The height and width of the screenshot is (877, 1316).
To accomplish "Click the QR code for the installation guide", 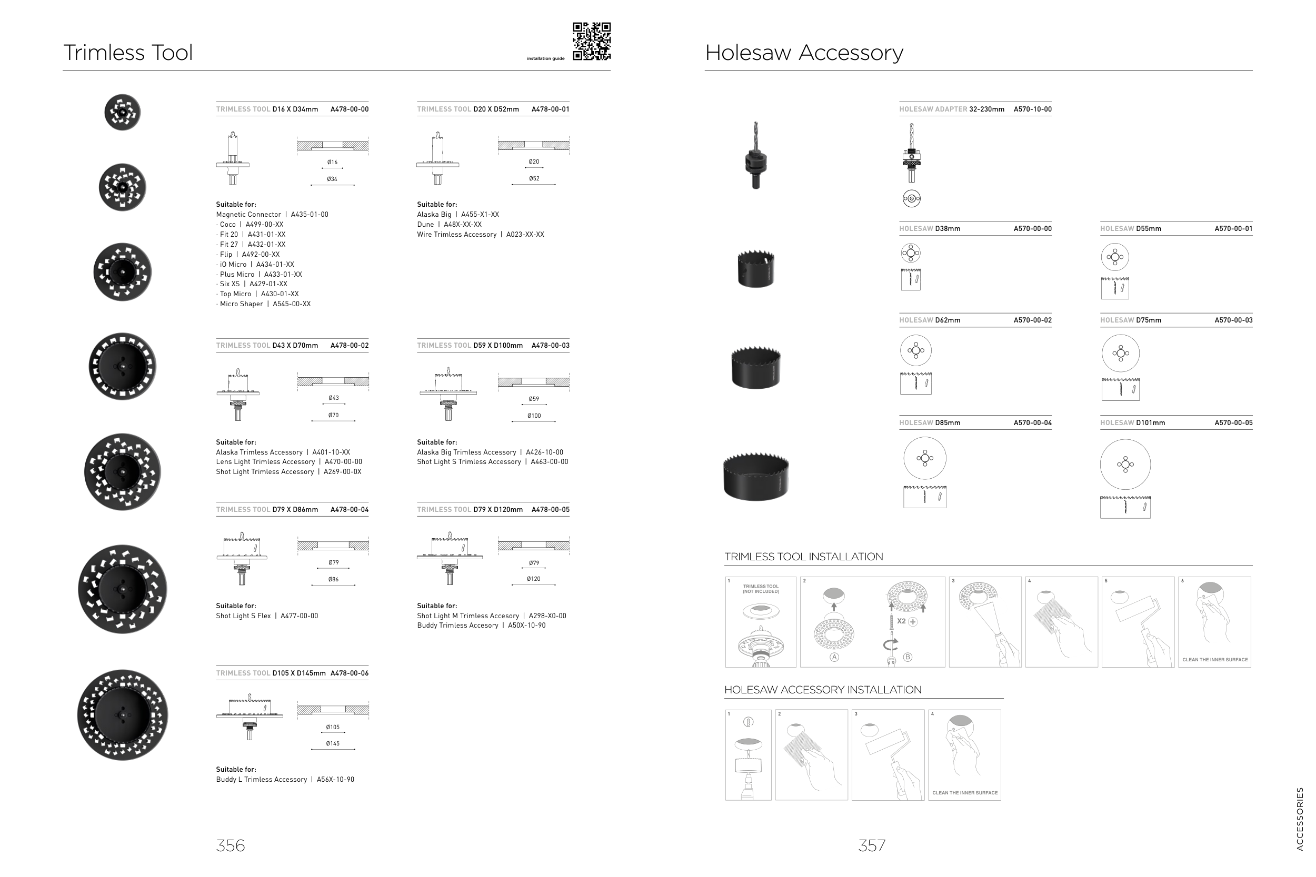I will (x=592, y=42).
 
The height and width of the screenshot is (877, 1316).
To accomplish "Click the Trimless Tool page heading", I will (x=128, y=53).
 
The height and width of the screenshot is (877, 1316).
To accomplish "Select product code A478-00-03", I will (x=550, y=346).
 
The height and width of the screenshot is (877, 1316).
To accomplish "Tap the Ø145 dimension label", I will (x=332, y=744).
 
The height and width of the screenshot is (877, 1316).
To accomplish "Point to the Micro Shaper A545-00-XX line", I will (x=264, y=304).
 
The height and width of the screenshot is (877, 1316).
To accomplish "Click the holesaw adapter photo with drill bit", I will (x=755, y=156).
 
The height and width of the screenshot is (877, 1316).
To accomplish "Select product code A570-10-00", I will (x=1032, y=109).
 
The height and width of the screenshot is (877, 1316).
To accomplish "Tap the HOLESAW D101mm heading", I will (x=1132, y=423).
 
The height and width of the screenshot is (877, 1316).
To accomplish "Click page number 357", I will (x=871, y=845).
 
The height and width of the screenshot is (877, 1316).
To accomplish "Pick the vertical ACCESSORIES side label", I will (x=1300, y=819).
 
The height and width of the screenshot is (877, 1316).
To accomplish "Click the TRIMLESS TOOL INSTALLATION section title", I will (x=803, y=557).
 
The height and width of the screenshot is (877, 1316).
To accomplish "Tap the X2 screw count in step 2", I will (x=901, y=621).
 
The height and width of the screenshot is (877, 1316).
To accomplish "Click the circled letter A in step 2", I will (x=834, y=657).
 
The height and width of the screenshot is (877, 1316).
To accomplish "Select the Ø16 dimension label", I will (x=332, y=163).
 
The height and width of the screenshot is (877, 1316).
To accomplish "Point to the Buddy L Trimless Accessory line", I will (x=285, y=780).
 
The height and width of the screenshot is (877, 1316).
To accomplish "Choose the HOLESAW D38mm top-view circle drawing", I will (x=910, y=254).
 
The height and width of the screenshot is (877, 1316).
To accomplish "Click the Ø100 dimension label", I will (x=534, y=416).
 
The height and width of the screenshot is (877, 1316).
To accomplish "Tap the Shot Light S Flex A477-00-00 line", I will (x=267, y=617).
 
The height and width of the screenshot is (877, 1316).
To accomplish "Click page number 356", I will (x=231, y=845).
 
